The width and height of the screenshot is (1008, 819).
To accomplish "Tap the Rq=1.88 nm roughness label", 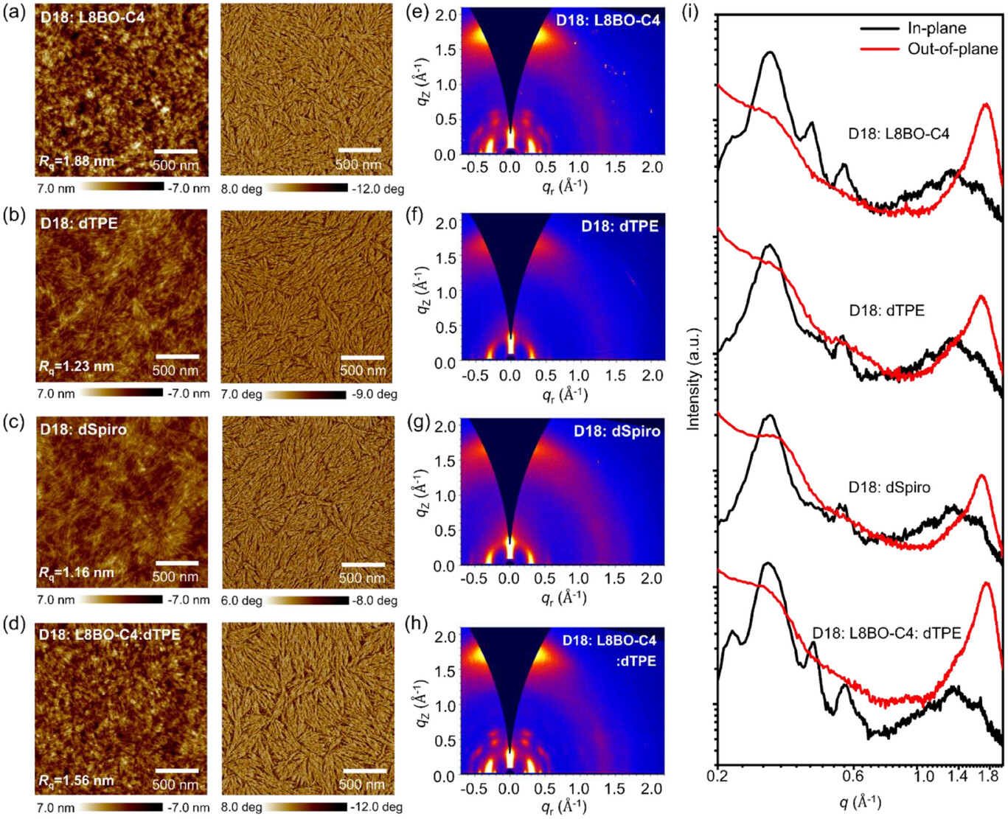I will point(76,161).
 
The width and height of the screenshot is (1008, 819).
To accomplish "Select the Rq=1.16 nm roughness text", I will point(76,572).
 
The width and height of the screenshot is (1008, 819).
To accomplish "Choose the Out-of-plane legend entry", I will point(952,49).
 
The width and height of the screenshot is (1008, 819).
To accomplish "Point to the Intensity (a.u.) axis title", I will point(693,380).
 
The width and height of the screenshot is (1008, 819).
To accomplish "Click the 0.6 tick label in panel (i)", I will point(852,776).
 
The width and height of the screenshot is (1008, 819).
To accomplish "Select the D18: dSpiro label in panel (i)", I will point(889,487).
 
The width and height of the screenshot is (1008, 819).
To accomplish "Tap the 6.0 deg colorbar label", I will point(241,600).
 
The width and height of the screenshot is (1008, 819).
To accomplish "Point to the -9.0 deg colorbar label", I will point(374,394).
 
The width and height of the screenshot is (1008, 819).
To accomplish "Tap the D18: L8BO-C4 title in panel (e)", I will point(608,20).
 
